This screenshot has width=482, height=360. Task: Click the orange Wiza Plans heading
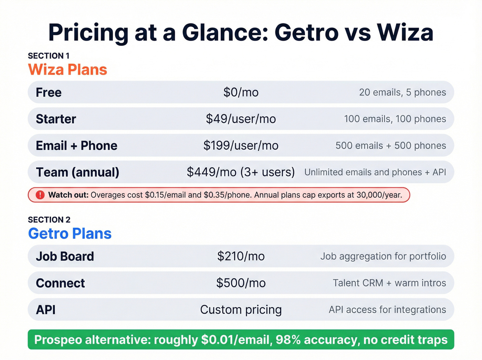pos(67,70)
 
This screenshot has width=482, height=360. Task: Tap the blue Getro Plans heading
pos(70,234)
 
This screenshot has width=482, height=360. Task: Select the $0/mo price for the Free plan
pos(241,92)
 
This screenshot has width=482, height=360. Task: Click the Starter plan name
pos(56,119)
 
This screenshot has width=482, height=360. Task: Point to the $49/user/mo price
pos(241,119)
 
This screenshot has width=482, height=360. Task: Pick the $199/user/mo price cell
pos(241,145)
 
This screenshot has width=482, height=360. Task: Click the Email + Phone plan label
pos(76,145)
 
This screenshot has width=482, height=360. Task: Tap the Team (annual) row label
pos(77,172)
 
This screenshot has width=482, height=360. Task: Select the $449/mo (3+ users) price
pos(241,172)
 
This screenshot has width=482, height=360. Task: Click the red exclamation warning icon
pos(40,195)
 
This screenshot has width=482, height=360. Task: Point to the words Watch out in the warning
pos(69,195)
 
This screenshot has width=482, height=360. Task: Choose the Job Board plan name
pos(65,256)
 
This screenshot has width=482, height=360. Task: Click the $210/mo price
pos(241,256)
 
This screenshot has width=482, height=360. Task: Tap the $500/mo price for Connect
pos(241,283)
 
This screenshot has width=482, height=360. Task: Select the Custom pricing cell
pos(241,310)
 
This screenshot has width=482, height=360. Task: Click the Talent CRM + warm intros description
pos(389,283)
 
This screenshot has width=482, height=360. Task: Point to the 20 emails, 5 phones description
pos(402,92)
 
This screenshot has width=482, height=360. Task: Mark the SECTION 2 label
pos(49,220)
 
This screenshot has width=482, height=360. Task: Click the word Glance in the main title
pos(225,33)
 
